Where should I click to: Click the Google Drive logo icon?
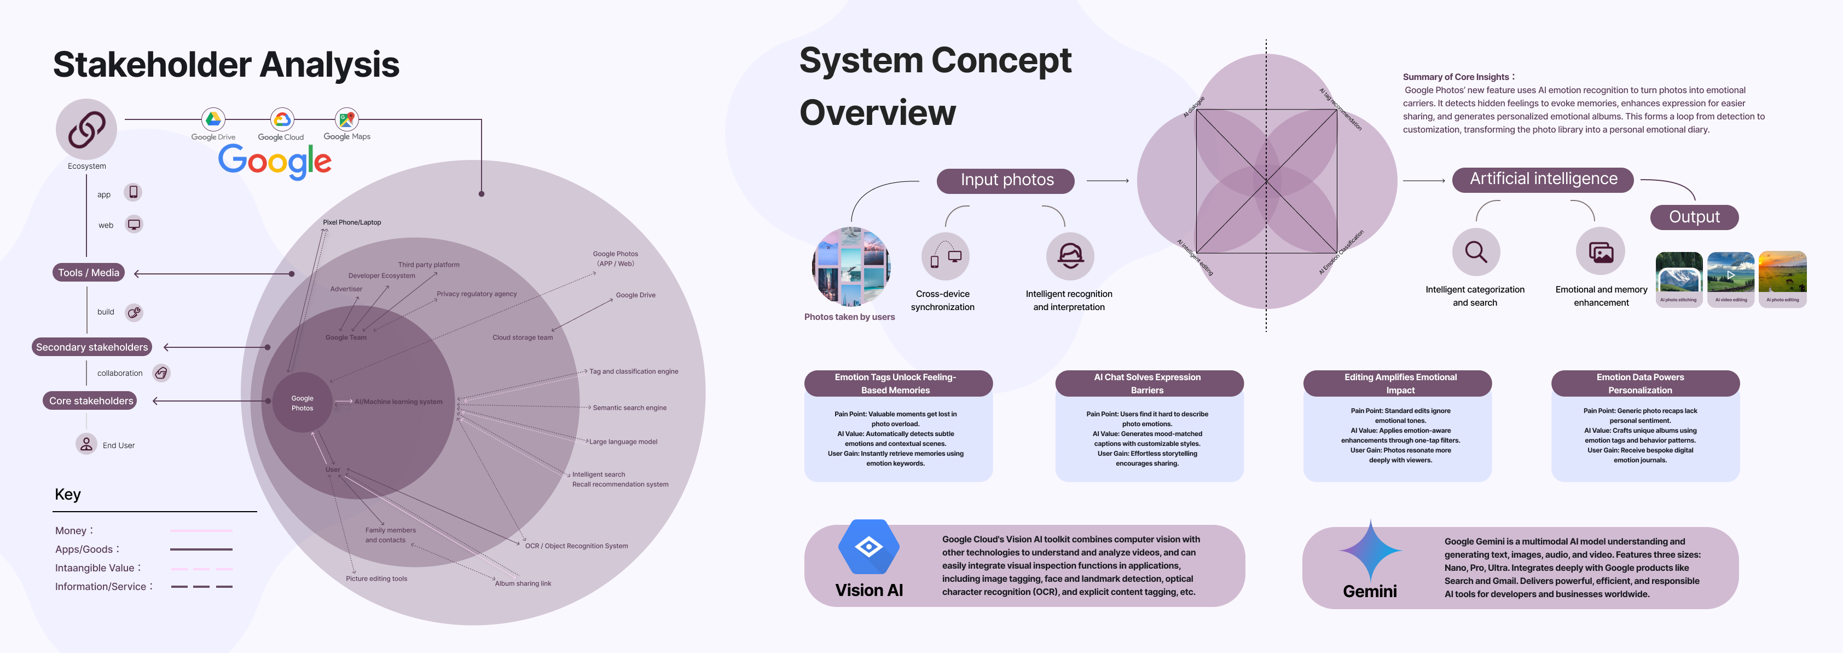(x=213, y=119)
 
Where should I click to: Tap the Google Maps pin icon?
(x=347, y=119)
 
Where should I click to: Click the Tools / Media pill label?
(x=89, y=273)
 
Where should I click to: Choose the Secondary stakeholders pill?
(x=91, y=347)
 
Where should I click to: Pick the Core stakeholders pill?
(x=91, y=401)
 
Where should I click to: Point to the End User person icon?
(x=86, y=444)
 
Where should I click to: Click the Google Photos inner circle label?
(x=302, y=403)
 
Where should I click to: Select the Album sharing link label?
(x=523, y=583)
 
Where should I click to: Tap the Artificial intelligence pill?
(x=1543, y=179)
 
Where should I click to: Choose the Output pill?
(x=1694, y=217)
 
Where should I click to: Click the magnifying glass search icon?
(x=1475, y=252)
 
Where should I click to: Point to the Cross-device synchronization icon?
(x=945, y=256)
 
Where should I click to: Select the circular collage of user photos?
(x=851, y=266)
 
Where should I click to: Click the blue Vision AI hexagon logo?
(x=868, y=547)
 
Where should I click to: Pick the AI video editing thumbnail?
(x=1731, y=278)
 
